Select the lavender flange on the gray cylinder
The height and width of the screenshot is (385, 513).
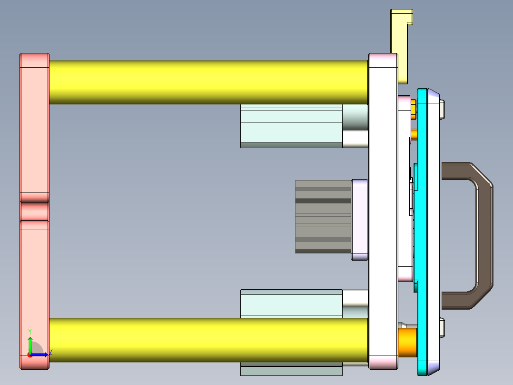tap(360, 220)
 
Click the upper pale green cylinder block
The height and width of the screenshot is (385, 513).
tap(291, 126)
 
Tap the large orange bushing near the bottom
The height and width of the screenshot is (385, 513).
tap(408, 342)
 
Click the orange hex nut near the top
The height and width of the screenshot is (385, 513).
tap(413, 109)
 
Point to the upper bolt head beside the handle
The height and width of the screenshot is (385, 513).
tap(443, 109)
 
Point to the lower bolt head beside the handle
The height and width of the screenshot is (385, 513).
tap(443, 328)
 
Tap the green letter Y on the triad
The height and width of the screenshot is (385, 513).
tap(30, 331)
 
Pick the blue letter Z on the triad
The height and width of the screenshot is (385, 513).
tap(50, 352)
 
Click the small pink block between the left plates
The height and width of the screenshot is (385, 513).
tap(34, 211)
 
